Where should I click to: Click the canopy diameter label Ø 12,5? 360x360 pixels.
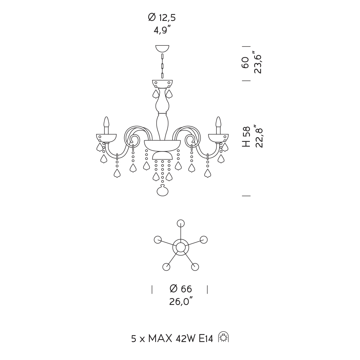[x=162, y=17]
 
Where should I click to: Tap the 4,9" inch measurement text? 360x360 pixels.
[x=162, y=30]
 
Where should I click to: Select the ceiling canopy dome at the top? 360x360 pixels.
[x=162, y=49]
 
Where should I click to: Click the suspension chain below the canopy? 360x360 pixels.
[x=162, y=66]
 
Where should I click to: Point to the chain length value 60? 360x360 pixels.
[x=246, y=62]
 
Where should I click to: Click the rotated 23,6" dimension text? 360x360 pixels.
[x=258, y=62]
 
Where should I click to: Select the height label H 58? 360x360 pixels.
[x=246, y=137]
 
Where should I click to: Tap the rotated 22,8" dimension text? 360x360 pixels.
[x=258, y=136]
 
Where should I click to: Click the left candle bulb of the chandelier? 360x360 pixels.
[x=106, y=122]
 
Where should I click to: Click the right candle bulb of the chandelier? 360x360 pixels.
[x=218, y=122]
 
